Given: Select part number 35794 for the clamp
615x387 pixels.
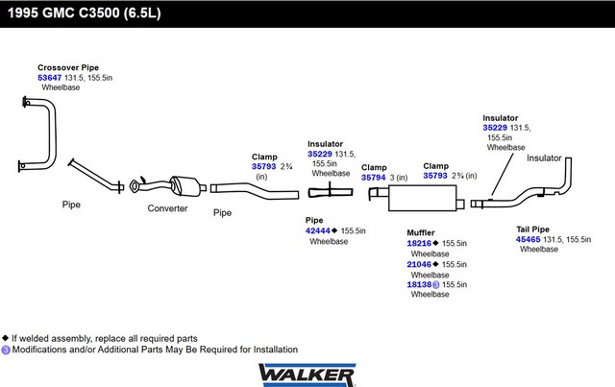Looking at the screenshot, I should pos(374,178).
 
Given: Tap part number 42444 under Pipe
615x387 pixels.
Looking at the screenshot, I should pos(318,230).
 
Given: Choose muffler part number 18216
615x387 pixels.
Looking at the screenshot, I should pos(419,244).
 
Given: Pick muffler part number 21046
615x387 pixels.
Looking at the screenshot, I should pos(419,264).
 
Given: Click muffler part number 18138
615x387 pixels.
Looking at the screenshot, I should pos(419,284).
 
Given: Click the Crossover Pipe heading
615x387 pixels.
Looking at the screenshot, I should pos(68,67).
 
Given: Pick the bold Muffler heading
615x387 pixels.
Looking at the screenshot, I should pos(422,231).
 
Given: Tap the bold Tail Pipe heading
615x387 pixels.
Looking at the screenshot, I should pos(533,229).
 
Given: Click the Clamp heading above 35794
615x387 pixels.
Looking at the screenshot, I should pos(374,167).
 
